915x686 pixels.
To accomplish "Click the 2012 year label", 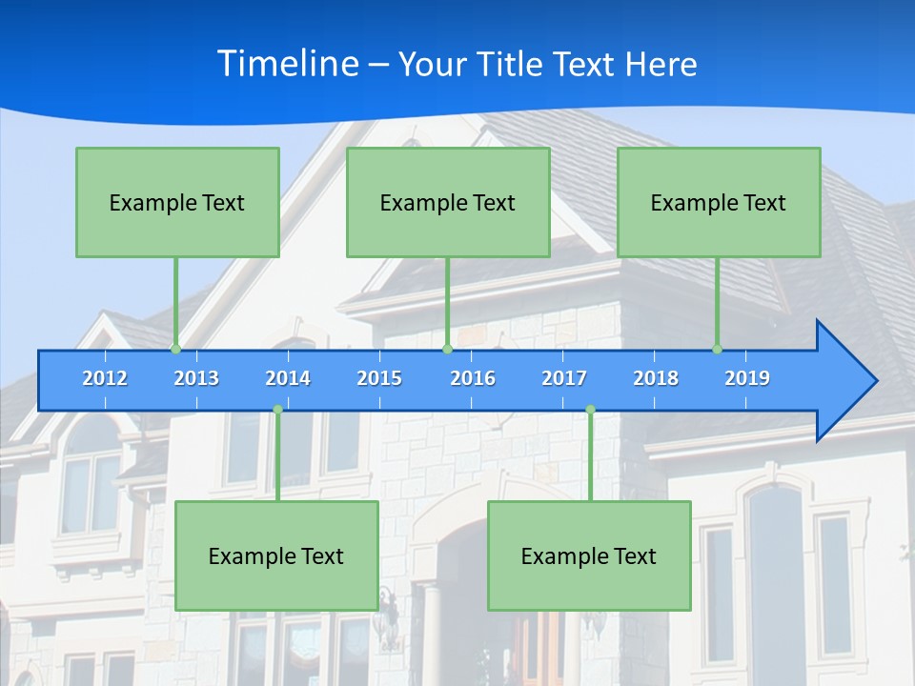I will click(x=105, y=378).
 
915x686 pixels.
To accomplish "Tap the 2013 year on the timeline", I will click(x=196, y=378).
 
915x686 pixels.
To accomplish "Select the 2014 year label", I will click(x=288, y=378).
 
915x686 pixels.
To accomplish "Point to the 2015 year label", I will click(x=379, y=378).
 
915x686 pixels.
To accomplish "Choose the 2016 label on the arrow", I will click(x=473, y=378).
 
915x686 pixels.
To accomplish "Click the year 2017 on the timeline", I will click(x=564, y=378).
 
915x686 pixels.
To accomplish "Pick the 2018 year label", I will click(x=656, y=378).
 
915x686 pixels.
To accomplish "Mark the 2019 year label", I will click(x=747, y=378).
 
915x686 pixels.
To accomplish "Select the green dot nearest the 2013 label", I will click(x=175, y=349).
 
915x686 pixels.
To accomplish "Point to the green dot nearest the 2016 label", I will click(x=447, y=349).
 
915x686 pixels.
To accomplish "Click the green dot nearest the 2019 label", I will click(x=718, y=349).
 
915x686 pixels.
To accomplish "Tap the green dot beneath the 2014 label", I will click(x=277, y=410).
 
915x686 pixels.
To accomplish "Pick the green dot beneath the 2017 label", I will click(x=590, y=410).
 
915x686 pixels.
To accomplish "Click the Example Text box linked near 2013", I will click(x=177, y=202).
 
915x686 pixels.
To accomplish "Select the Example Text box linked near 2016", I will click(x=448, y=202).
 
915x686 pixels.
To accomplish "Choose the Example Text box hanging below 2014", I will click(x=276, y=555).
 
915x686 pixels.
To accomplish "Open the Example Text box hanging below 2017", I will click(x=589, y=555).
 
